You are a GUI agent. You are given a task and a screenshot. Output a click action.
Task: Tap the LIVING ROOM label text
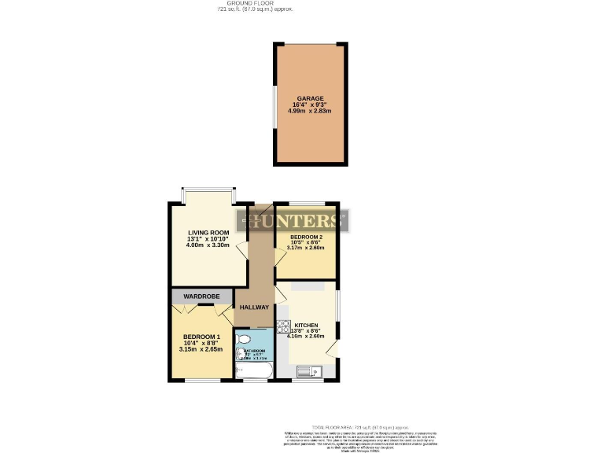pos(208,232)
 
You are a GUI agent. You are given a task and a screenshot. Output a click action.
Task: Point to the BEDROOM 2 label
pos(305,237)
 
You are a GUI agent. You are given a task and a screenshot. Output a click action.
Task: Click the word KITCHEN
pos(306,325)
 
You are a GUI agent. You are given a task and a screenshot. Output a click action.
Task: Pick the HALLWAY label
pos(254,308)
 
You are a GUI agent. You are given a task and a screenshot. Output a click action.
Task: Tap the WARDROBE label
pos(201,296)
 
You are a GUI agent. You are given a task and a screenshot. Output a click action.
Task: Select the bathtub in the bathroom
pos(252,370)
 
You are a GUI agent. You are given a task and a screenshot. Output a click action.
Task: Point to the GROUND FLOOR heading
pos(255,3)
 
